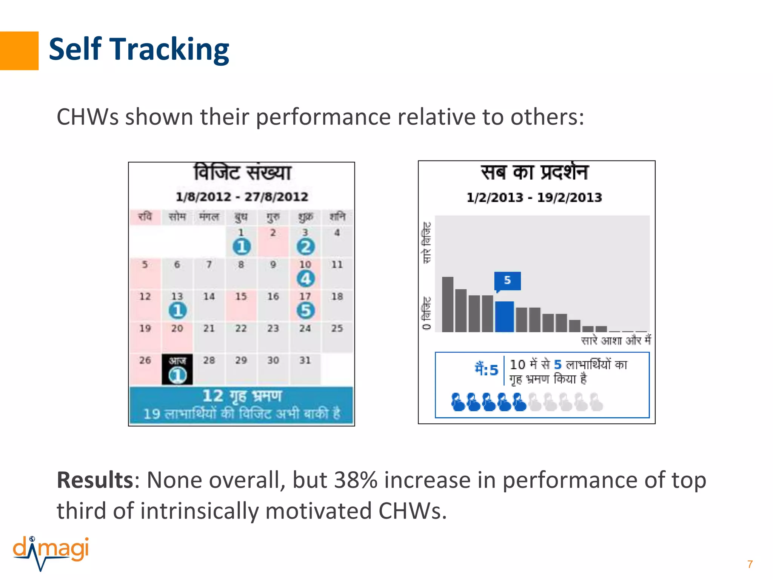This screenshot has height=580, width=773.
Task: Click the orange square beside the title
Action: (19, 51)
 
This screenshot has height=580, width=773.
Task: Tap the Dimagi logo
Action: (51, 552)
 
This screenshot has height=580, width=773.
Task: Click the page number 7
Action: (750, 564)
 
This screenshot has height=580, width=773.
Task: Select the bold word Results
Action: (94, 480)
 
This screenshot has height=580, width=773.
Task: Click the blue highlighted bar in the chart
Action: (504, 316)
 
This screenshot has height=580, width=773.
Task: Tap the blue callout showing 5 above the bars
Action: (507, 281)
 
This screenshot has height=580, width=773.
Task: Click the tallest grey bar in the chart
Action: (448, 304)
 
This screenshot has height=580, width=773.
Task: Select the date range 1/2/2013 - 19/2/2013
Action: (534, 197)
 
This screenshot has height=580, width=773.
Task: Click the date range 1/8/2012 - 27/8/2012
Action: (242, 197)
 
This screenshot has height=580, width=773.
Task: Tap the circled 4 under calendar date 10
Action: (305, 279)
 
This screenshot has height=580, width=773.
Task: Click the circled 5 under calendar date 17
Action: (305, 310)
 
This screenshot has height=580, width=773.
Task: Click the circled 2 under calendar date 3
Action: (305, 247)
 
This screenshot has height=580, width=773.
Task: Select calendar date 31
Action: (305, 360)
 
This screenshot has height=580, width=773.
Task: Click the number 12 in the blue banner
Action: (213, 396)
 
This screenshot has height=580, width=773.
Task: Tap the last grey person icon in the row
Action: (596, 402)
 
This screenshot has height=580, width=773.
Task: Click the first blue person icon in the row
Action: (458, 402)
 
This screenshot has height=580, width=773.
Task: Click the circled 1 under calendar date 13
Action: (177, 310)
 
